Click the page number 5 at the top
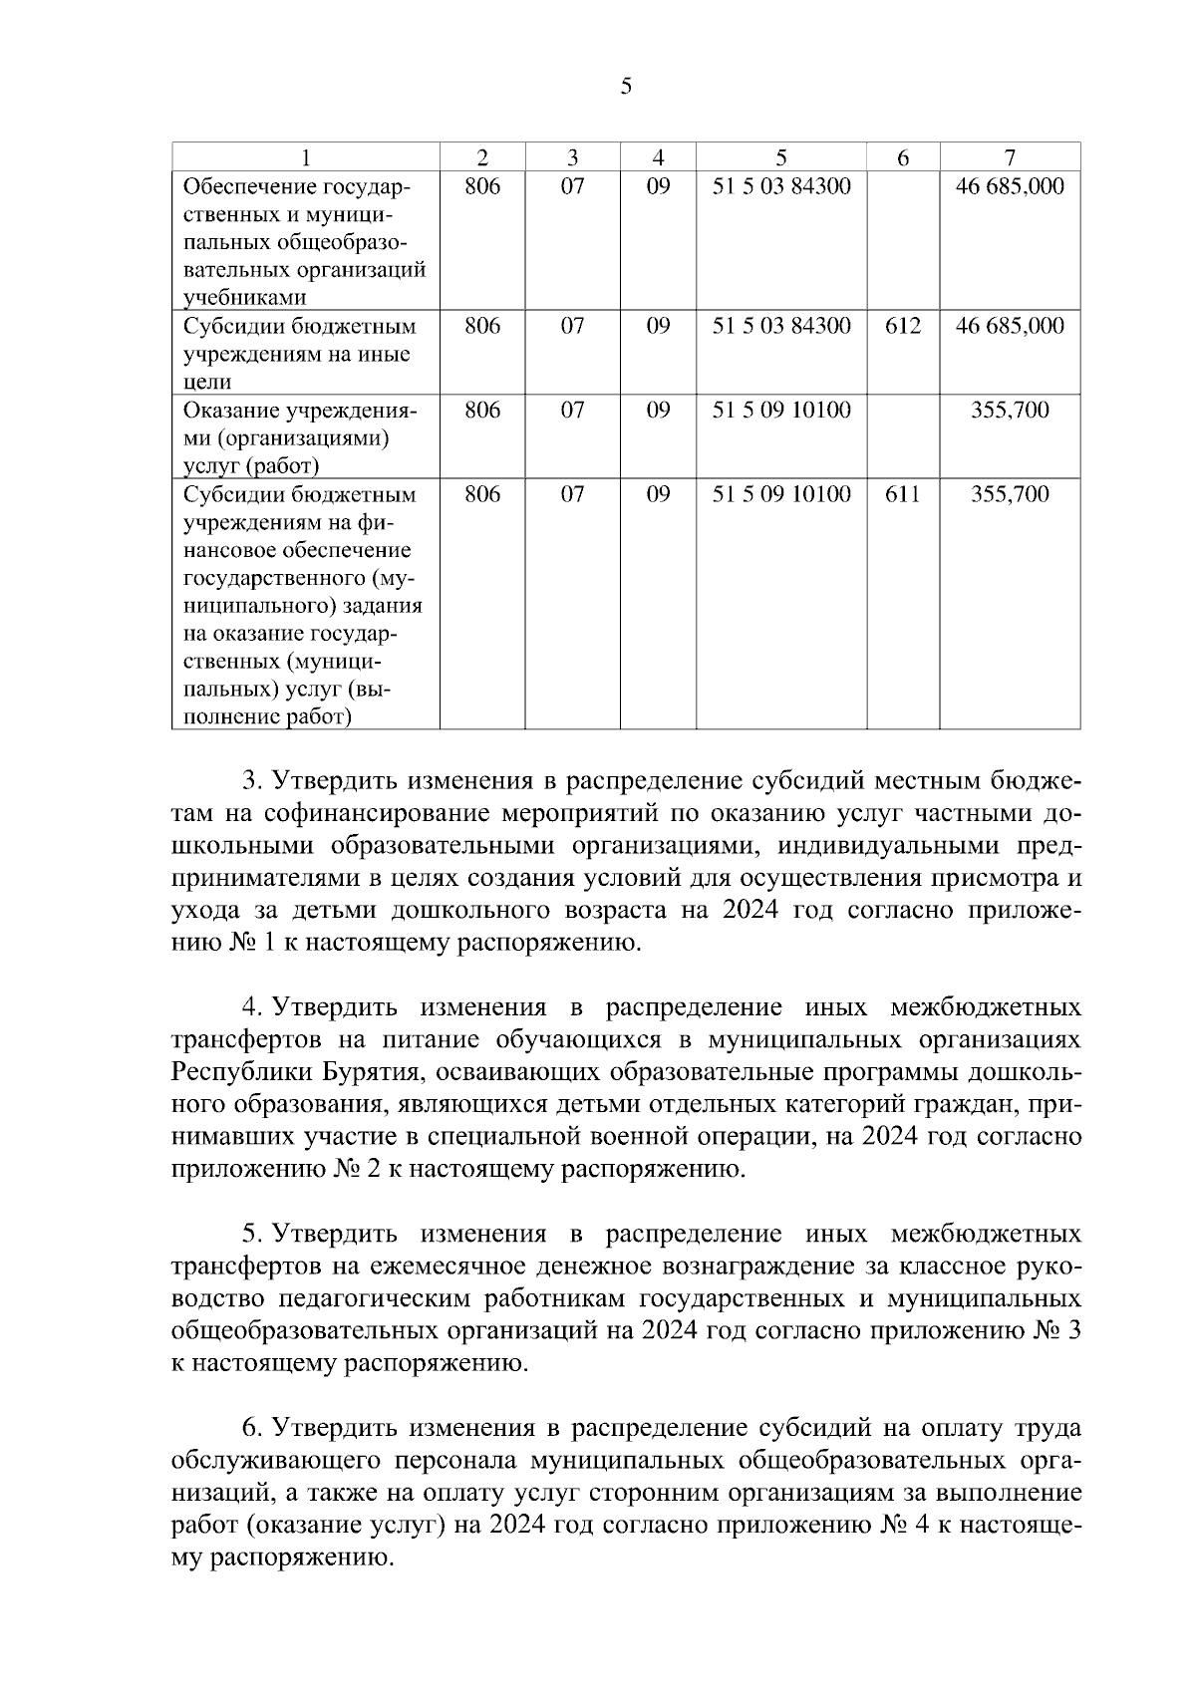coord(626,87)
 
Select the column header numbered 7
coord(1010,157)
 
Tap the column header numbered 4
coord(658,157)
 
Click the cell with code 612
coord(903,326)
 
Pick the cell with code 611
coord(903,494)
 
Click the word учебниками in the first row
coord(244,297)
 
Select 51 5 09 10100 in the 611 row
coord(781,494)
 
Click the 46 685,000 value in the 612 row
coord(1010,326)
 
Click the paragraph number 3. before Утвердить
coord(251,778)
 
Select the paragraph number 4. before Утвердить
coord(251,1007)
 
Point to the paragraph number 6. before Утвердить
coord(251,1428)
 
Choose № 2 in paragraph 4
coord(353,1169)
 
